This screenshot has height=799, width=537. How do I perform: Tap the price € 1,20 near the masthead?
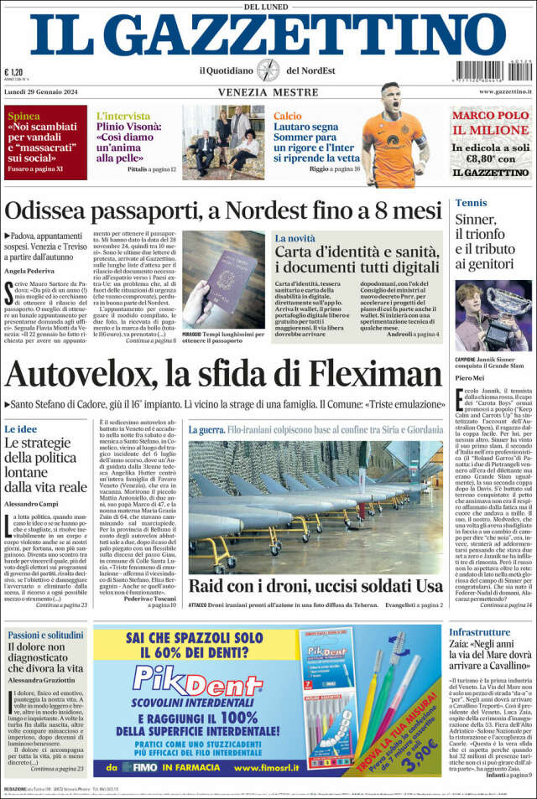click(x=13, y=73)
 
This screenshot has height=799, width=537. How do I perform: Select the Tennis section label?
click(x=471, y=203)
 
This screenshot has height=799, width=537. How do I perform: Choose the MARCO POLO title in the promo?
click(x=492, y=116)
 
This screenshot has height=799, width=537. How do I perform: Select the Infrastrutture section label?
click(x=491, y=631)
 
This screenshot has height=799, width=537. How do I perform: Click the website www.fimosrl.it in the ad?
click(x=281, y=766)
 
